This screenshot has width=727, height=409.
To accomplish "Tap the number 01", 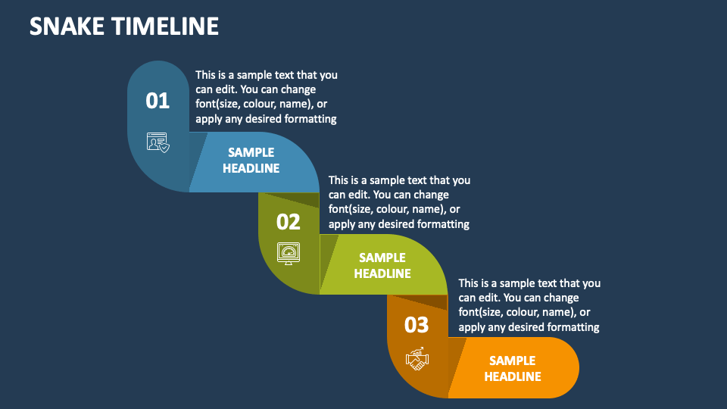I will tap(158, 101).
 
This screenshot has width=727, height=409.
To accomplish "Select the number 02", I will tap(289, 222).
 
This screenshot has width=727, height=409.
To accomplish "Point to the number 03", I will tap(417, 325).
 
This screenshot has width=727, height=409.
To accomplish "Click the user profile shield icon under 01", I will tap(158, 142).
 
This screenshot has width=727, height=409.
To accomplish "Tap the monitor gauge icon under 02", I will tap(289, 253).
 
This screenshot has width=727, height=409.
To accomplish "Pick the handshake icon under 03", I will tap(417, 358).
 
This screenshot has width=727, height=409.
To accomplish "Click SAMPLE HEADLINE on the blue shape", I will tap(251, 160).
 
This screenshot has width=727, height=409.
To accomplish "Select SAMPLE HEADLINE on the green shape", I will tap(382, 265).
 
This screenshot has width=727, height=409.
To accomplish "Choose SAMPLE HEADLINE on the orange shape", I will tap(513, 368).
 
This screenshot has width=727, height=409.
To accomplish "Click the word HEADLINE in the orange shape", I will tap(513, 376).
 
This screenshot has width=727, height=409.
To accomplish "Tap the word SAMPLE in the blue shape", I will tap(251, 152).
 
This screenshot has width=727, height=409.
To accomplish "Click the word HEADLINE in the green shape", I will tap(382, 273).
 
